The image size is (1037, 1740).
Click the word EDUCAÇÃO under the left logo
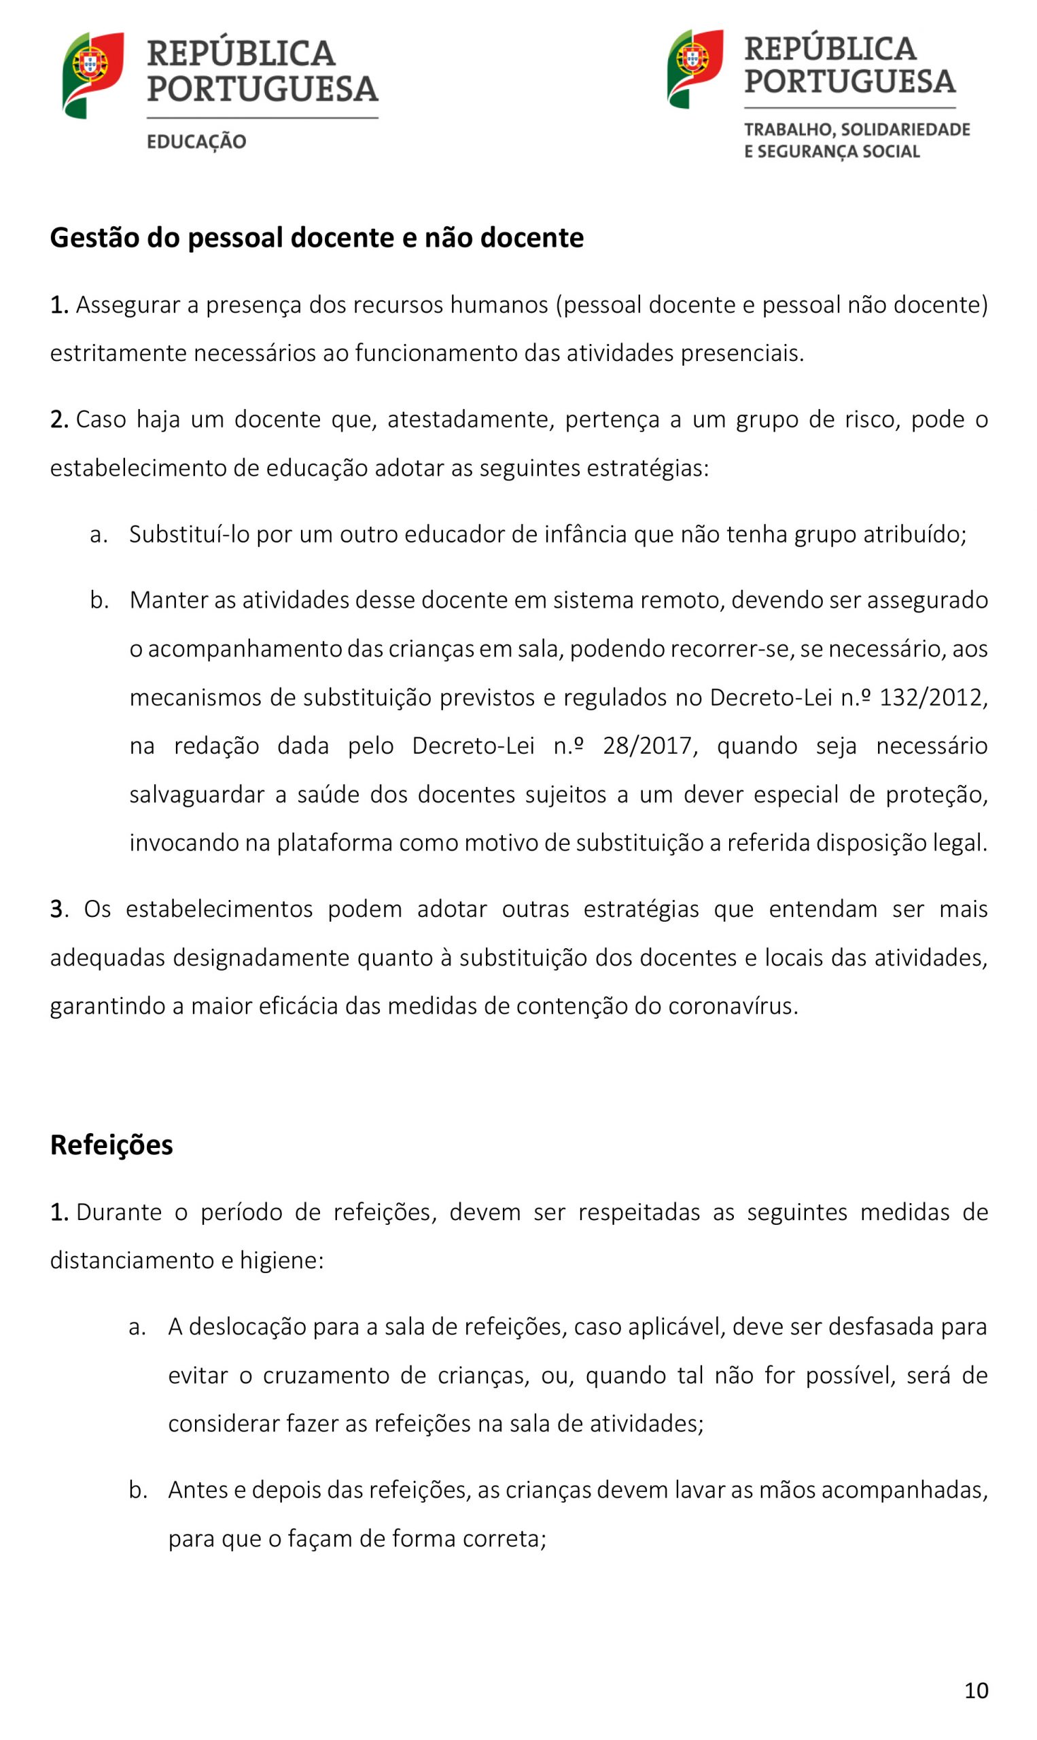pyautogui.click(x=196, y=141)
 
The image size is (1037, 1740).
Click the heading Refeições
pyautogui.click(x=112, y=1145)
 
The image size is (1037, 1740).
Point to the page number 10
pyautogui.click(x=977, y=1690)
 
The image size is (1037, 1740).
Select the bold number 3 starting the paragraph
pyautogui.click(x=56, y=909)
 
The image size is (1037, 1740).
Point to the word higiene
pyautogui.click(x=281, y=1260)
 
